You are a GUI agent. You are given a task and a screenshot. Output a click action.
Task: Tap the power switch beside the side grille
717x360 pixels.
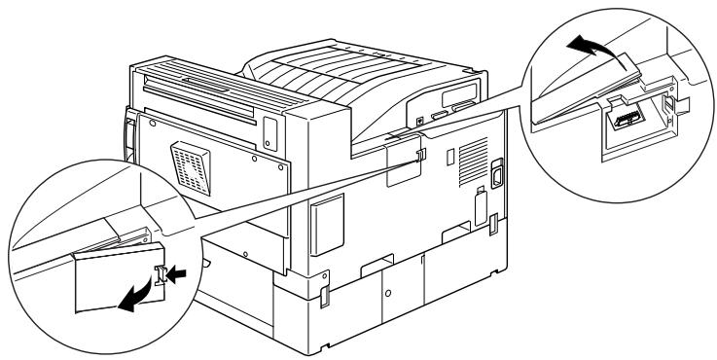click(495, 172)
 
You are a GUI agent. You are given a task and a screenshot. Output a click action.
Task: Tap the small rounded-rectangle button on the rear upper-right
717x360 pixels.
click(269, 125)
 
